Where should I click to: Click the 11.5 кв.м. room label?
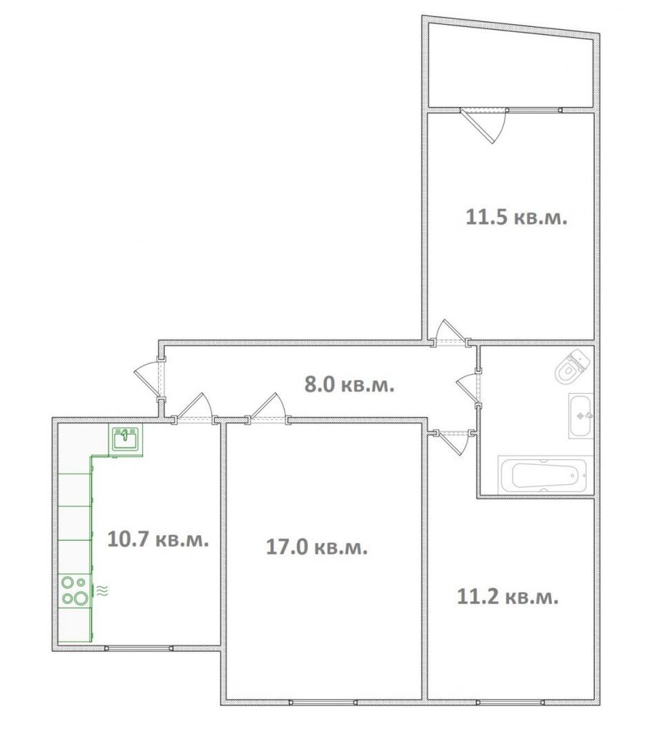coord(516,218)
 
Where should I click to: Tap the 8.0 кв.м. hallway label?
coord(350,385)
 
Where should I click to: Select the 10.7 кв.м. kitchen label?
coord(158,539)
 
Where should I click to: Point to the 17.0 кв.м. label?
coord(316,547)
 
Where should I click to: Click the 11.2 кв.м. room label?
coord(508,597)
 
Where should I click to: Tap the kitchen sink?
coord(126,438)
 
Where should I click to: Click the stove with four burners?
coord(75,591)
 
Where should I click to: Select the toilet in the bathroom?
coord(573,366)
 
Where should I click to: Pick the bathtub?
coord(545,475)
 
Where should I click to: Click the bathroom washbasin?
coord(581,416)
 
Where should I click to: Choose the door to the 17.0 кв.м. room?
coord(269,408)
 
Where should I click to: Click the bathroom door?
coord(468,388)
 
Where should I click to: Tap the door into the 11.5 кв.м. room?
coord(450,331)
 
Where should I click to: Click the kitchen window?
coord(139,648)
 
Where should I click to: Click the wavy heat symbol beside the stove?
coord(102,591)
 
